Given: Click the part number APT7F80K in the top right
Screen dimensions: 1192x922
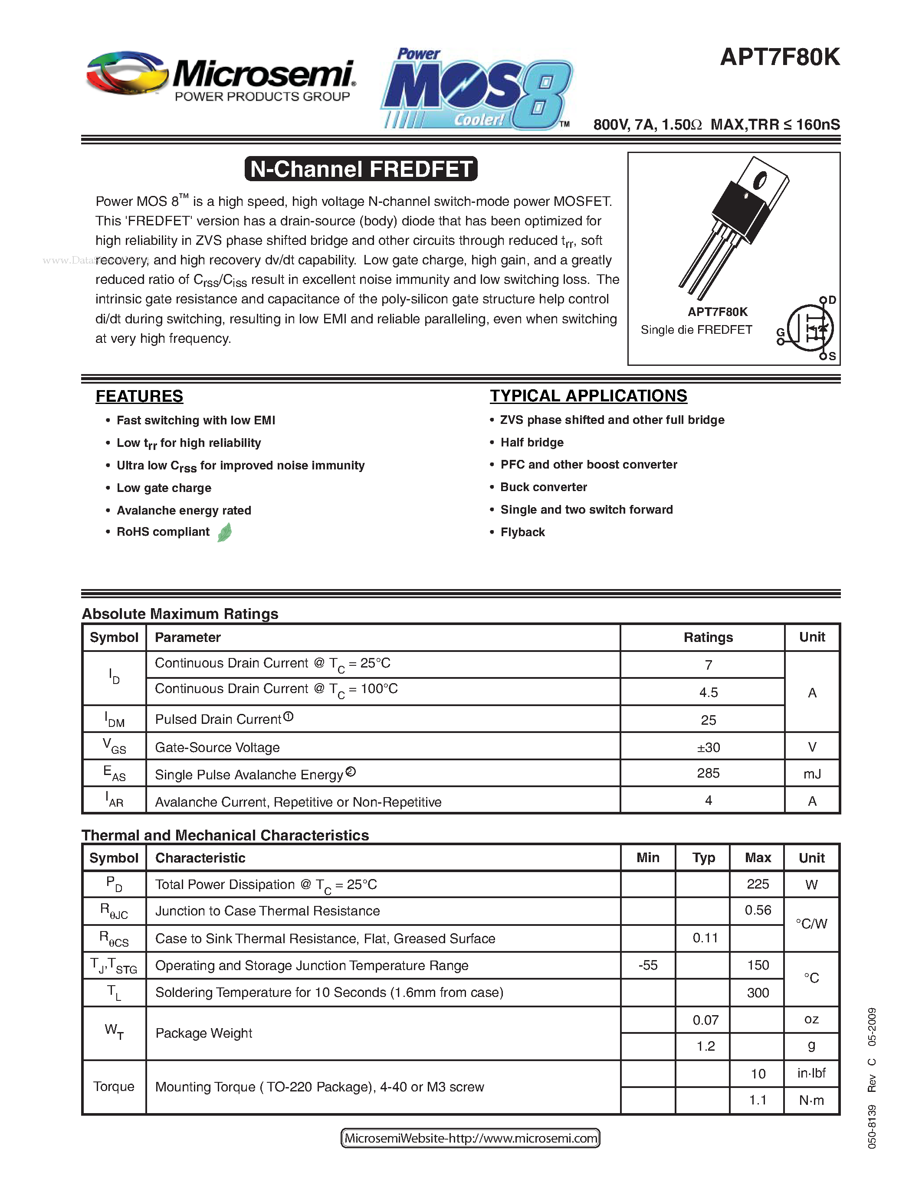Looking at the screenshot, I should [779, 57].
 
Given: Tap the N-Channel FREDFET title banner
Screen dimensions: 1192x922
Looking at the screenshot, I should [361, 169].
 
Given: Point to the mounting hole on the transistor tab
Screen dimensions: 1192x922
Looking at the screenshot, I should [760, 179].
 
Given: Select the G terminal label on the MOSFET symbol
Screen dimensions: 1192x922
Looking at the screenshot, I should [781, 332].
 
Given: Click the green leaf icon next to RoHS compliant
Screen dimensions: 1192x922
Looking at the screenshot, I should [224, 532].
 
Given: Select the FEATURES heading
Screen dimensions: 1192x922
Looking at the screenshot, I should [139, 396].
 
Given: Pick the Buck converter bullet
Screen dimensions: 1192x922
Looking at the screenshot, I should [544, 487].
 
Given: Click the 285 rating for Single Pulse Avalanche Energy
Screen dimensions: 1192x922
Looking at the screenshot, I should [708, 773].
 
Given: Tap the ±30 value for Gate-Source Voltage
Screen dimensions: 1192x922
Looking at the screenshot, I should [708, 747].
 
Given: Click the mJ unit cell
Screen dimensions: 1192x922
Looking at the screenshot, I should [812, 774].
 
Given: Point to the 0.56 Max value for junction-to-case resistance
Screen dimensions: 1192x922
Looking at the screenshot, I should [758, 910].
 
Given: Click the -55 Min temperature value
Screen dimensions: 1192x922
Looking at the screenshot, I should [648, 965].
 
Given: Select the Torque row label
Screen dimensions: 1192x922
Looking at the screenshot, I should [114, 1086].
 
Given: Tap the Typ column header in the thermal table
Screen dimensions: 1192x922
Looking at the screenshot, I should [703, 857].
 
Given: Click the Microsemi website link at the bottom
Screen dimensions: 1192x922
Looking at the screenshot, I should [470, 1138].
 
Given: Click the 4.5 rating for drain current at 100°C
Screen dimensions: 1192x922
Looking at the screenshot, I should [708, 692].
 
